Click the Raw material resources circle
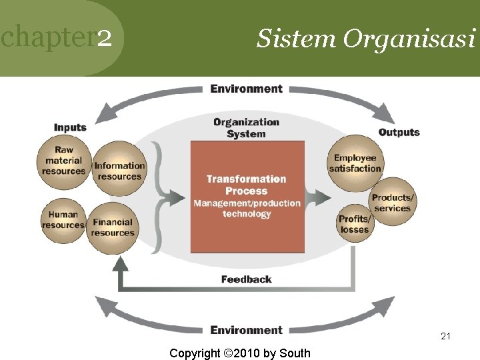click(65, 161)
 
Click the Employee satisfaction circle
click(355, 163)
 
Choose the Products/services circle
click(392, 202)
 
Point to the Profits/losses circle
click(354, 224)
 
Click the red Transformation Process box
click(247, 197)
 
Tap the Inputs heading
click(70, 127)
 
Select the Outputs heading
click(399, 132)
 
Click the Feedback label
click(246, 279)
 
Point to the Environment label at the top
click(246, 89)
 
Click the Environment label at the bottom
click(246, 330)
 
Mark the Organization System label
click(246, 127)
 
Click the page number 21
click(445, 337)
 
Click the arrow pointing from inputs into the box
click(175, 197)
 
